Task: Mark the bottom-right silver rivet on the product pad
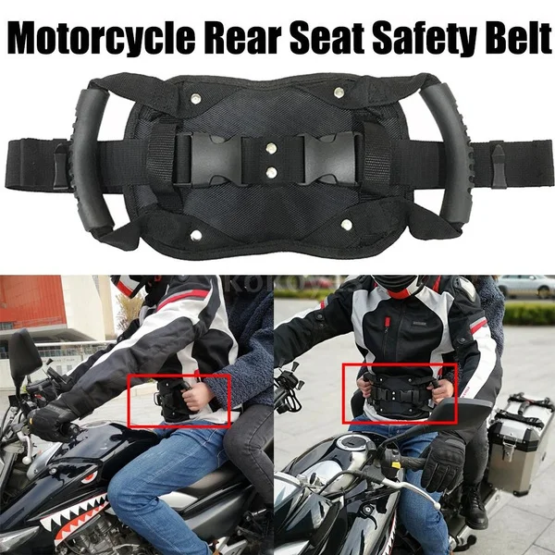(346, 222)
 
